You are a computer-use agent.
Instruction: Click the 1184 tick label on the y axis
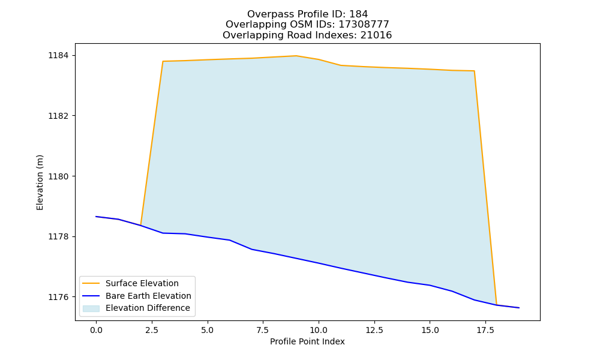(58, 55)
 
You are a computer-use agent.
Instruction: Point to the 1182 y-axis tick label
(58, 116)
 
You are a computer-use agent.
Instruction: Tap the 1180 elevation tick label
(58, 176)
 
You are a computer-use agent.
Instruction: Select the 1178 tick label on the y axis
(58, 237)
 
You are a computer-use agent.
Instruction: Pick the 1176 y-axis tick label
(58, 297)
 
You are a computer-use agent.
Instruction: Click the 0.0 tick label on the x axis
(96, 330)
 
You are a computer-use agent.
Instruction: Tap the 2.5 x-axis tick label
(152, 330)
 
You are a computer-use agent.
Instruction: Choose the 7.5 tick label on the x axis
(263, 330)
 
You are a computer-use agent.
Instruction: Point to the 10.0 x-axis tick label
(319, 330)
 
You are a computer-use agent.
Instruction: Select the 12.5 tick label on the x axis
(374, 330)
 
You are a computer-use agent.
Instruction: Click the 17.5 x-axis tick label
(485, 330)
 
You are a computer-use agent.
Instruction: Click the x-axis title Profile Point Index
(307, 341)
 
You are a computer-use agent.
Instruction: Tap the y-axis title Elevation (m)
(40, 182)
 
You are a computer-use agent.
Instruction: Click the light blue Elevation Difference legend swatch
(91, 308)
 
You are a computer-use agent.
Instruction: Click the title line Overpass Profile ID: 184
(307, 14)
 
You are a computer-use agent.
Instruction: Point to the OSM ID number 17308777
(364, 25)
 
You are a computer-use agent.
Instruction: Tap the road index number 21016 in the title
(376, 35)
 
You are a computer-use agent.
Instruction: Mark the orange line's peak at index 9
(296, 56)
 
